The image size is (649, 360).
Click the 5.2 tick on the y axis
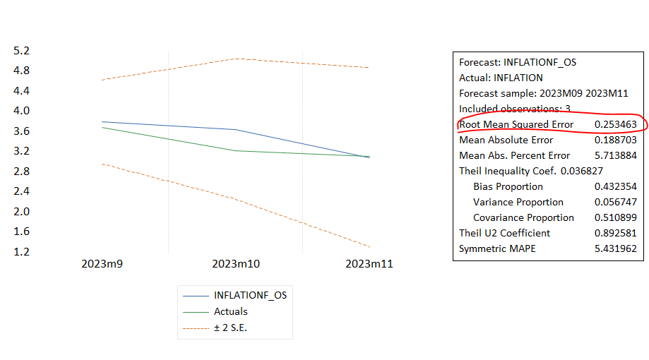pyautogui.click(x=21, y=51)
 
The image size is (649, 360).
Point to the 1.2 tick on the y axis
pyautogui.click(x=21, y=251)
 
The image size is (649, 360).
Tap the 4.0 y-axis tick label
pyautogui.click(x=21, y=111)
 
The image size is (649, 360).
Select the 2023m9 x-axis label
pyautogui.click(x=102, y=263)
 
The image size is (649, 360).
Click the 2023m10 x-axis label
pyautogui.click(x=236, y=263)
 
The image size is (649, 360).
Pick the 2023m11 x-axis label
pyautogui.click(x=369, y=263)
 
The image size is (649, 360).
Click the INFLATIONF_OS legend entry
pyautogui.click(x=250, y=296)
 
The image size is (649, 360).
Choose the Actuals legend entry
pyautogui.click(x=230, y=311)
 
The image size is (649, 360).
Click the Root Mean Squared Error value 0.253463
pyautogui.click(x=615, y=124)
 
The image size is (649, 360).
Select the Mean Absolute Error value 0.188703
pyautogui.click(x=615, y=140)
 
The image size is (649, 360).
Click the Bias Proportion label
pyautogui.click(x=508, y=186)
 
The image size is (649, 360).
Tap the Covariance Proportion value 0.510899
pyautogui.click(x=615, y=217)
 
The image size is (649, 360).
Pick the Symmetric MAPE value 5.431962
pyautogui.click(x=615, y=248)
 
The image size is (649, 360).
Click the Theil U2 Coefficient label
pyautogui.click(x=504, y=233)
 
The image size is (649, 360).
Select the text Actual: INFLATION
pyautogui.click(x=501, y=78)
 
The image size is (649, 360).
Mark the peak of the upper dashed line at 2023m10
pyautogui.click(x=236, y=59)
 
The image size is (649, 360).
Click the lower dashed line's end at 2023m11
pyautogui.click(x=369, y=246)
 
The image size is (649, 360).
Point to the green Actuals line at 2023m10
pyautogui.click(x=236, y=150)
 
